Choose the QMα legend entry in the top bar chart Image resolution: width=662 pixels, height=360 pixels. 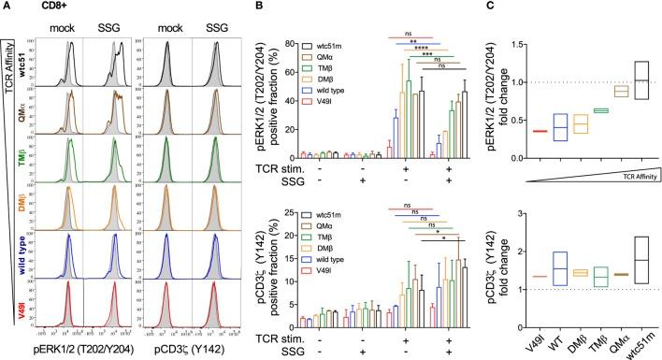coord(330,56)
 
